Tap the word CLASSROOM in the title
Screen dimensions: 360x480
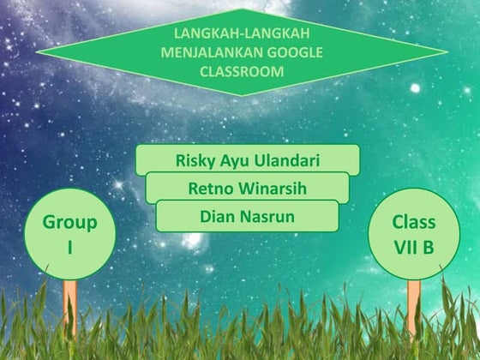coord(241,71)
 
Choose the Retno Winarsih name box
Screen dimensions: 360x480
coord(247,188)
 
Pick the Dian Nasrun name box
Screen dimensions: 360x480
coord(247,216)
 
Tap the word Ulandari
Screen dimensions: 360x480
coord(286,159)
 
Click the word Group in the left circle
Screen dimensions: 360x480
coord(69,223)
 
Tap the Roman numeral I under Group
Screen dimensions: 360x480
coord(69,247)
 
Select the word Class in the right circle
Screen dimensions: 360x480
coord(414,222)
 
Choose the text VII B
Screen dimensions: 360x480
coord(414,246)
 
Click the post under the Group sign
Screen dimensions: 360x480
coord(70,304)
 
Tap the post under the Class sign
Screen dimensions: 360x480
coord(414,304)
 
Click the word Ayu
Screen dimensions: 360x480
coord(235,160)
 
